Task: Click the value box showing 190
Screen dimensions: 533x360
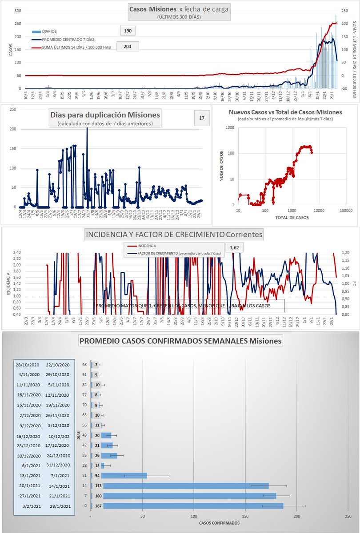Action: point(128,31)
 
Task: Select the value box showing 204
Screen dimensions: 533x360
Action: point(128,46)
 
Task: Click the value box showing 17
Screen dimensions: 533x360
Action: point(202,119)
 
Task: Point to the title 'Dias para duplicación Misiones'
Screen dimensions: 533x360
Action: point(105,115)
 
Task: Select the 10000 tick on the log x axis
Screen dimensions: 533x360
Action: point(319,210)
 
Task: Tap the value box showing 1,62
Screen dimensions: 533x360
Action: point(235,247)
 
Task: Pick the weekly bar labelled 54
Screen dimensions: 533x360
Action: point(124,476)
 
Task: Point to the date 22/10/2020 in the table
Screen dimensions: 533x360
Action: point(58,365)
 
